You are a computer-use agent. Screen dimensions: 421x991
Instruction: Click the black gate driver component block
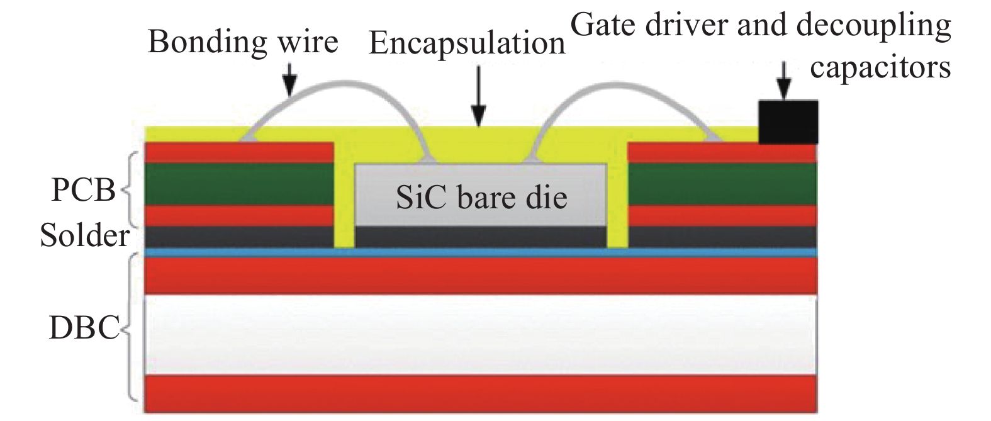coord(788,122)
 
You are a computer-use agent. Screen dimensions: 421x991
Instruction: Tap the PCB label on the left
coord(83,189)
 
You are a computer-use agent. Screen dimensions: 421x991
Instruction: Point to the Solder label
coord(84,236)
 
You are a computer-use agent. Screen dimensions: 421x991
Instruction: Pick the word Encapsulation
coord(467,43)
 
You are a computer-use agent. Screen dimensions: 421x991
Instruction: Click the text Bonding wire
coord(243,42)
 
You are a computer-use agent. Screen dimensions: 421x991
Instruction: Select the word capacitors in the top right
coord(880,67)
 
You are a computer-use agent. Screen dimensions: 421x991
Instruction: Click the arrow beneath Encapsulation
coord(479,94)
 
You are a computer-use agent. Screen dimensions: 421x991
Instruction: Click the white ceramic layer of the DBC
coord(481,335)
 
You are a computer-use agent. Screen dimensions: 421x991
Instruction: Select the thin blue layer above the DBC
coord(481,252)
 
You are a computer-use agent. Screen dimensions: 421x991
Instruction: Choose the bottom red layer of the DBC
coord(481,393)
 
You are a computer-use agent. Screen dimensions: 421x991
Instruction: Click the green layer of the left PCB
coord(239,184)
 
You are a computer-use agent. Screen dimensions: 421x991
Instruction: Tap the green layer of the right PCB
coord(722,184)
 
